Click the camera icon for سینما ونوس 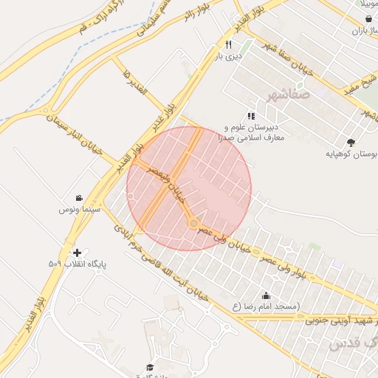point(78,198)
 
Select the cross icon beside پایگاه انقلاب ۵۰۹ point(78,252)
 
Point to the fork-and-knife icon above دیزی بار point(218,45)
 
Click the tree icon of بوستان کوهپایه point(351,142)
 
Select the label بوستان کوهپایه point(351,154)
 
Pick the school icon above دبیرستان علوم point(251,116)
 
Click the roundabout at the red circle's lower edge point(193,223)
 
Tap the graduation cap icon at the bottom point(149,367)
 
